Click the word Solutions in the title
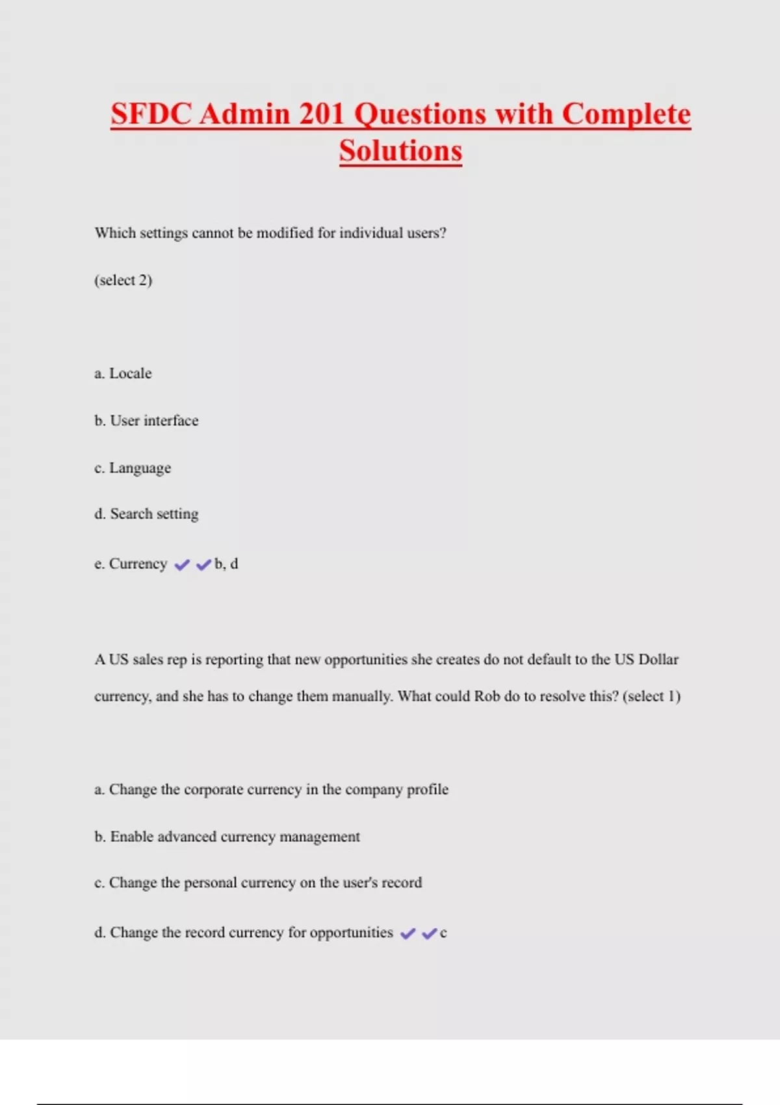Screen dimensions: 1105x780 (x=400, y=151)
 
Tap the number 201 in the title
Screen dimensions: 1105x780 (x=322, y=114)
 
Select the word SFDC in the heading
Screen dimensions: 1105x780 (x=151, y=114)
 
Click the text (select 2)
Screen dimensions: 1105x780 (x=123, y=280)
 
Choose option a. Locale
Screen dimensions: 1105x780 (x=123, y=374)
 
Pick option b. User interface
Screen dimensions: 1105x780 (x=146, y=421)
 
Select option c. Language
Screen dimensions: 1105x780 (x=133, y=468)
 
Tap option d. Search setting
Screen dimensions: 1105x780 (x=146, y=514)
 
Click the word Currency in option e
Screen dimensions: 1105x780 (x=138, y=564)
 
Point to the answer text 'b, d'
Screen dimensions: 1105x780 (x=226, y=564)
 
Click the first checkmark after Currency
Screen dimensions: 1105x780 (x=182, y=565)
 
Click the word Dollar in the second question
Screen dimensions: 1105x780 (x=658, y=659)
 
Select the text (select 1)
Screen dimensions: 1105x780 (x=651, y=696)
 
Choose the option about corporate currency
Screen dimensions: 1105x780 (x=271, y=789)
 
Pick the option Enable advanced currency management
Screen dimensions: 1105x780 (x=227, y=837)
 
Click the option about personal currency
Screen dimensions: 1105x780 (x=258, y=883)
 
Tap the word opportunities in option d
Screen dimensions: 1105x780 (x=351, y=933)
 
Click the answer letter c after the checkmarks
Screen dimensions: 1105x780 (x=443, y=933)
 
